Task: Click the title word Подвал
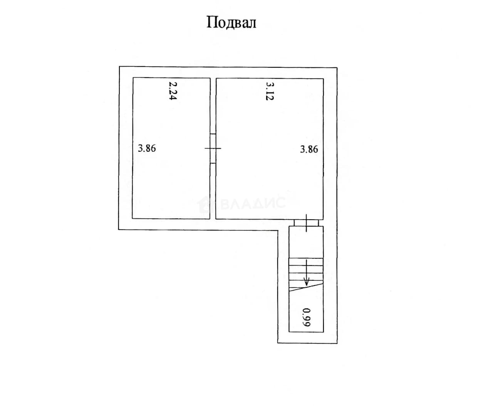coord(231,22)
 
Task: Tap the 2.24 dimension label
coord(173,91)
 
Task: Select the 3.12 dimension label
coord(270,91)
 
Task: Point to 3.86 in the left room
coord(147,148)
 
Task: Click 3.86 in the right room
coord(309,149)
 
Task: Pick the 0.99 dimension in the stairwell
coord(307,317)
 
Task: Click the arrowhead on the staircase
coord(307,282)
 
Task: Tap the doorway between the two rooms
coord(213,149)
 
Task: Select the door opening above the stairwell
coord(306,223)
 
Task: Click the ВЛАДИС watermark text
coord(253,203)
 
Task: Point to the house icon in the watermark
coord(205,205)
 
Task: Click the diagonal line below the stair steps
coord(306,287)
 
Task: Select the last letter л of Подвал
coord(252,24)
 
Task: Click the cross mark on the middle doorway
coord(213,148)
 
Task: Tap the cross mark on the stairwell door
coord(307,223)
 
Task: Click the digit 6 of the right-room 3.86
coord(315,149)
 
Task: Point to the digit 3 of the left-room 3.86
coord(141,148)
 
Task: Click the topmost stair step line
coord(306,258)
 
